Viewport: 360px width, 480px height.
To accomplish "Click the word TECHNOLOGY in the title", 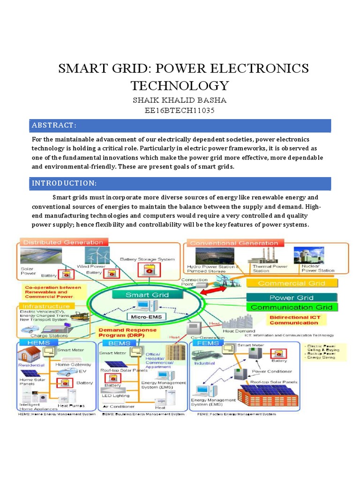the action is [180, 86].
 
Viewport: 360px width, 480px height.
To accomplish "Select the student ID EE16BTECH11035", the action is [180, 111].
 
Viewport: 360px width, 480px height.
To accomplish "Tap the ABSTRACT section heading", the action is [54, 125].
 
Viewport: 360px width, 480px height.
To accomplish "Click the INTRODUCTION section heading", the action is [64, 183].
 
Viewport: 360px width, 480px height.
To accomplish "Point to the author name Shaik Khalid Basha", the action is [180, 100].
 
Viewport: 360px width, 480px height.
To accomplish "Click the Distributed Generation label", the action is [63, 242].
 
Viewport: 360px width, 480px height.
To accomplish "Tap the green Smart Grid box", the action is [141, 295].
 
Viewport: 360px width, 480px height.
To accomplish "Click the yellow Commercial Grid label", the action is [292, 283].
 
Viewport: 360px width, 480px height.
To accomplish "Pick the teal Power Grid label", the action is [292, 298].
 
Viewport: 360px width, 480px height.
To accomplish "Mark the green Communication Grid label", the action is [292, 307].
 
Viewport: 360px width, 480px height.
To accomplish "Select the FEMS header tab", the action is [205, 344].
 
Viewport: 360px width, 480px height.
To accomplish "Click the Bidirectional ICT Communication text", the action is [294, 320].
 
